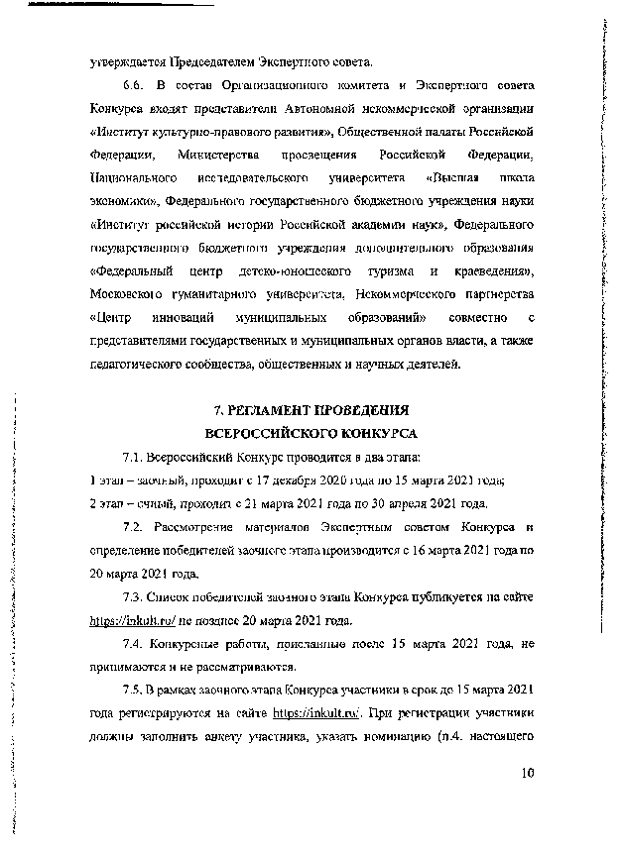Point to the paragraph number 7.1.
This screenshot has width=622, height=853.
133,458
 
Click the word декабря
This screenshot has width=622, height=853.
277,480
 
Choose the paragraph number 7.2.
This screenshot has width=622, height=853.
133,527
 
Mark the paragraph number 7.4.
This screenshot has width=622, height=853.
133,645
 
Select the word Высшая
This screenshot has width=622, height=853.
454,178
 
